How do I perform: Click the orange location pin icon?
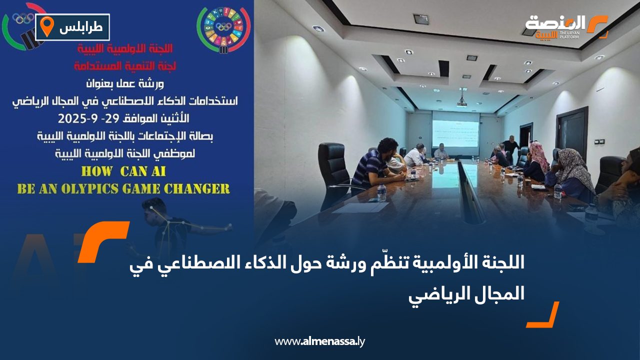click(x=46, y=26)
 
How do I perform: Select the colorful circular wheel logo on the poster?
click(x=223, y=29)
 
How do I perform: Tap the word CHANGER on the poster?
click(x=199, y=189)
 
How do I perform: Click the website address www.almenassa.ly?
click(x=319, y=341)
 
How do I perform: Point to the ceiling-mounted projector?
click(x=461, y=101)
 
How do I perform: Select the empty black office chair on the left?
click(x=333, y=170)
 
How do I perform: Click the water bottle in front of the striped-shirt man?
click(x=382, y=192)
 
